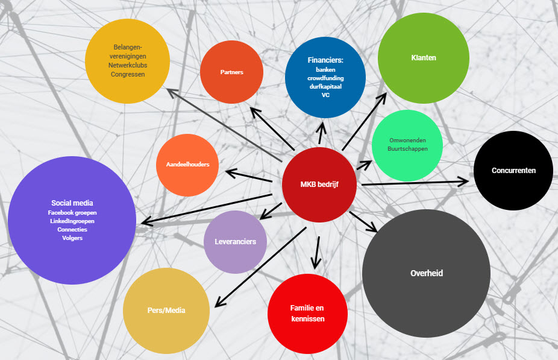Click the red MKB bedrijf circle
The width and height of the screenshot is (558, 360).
pyautogui.click(x=319, y=184)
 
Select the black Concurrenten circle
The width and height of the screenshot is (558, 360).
pyautogui.click(x=513, y=171)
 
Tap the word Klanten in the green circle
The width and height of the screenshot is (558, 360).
pyautogui.click(x=423, y=58)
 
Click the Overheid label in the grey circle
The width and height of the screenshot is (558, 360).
pyautogui.click(x=427, y=273)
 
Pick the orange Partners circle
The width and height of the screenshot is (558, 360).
pyautogui.click(x=231, y=72)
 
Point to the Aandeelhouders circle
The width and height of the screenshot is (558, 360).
pyautogui.click(x=187, y=165)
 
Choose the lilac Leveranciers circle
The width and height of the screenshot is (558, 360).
pyautogui.click(x=235, y=242)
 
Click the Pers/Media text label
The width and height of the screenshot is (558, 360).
pyautogui.click(x=166, y=310)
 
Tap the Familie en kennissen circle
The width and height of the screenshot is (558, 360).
pyautogui.click(x=307, y=313)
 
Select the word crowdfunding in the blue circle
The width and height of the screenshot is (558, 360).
pyautogui.click(x=325, y=78)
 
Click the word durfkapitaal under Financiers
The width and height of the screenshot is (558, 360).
pyautogui.click(x=325, y=87)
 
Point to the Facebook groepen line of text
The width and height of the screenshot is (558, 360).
pyautogui.click(x=72, y=213)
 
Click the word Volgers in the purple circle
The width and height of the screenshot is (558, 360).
pyautogui.click(x=72, y=238)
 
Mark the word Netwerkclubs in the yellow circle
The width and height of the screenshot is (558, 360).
pyautogui.click(x=127, y=65)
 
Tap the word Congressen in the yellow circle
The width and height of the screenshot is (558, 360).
pyautogui.click(x=127, y=74)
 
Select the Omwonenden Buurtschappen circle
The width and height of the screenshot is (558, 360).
pyautogui.click(x=407, y=145)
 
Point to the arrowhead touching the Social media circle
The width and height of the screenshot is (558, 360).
pyautogui.click(x=145, y=223)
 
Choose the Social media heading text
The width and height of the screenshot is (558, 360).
pyautogui.click(x=72, y=203)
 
